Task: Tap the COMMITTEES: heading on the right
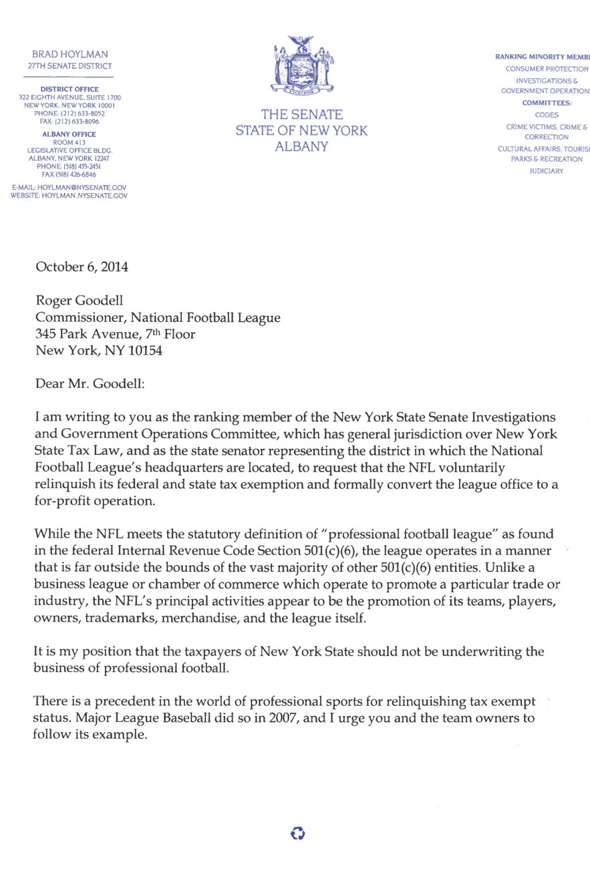coord(547,103)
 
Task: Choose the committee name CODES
coord(547,114)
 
